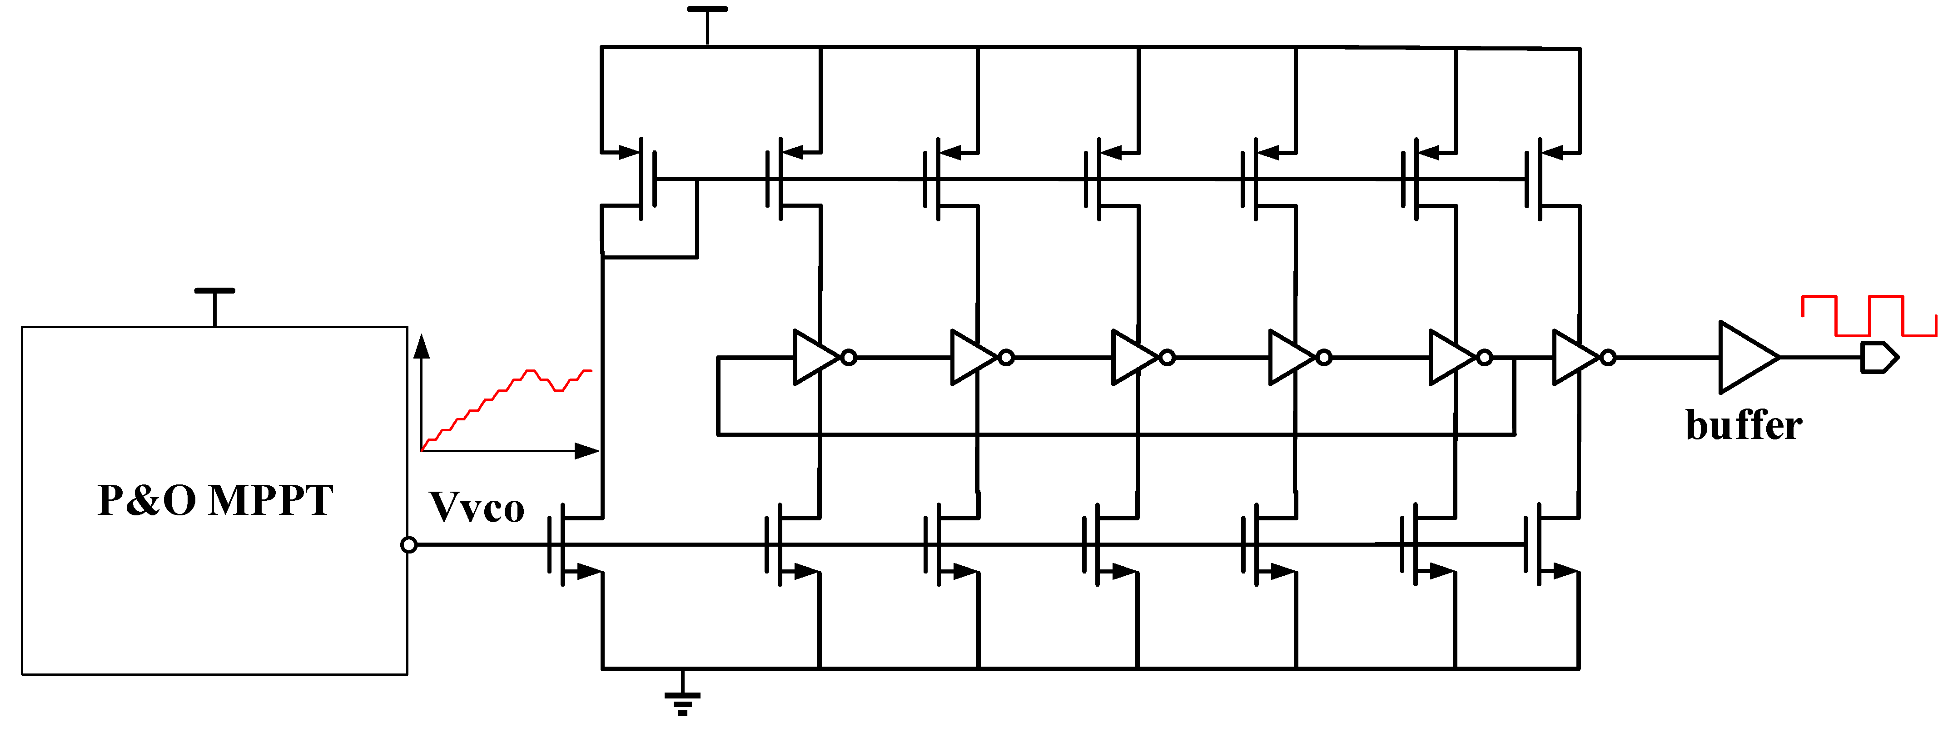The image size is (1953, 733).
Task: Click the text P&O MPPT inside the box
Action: click(x=215, y=500)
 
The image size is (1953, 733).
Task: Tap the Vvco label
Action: click(x=476, y=508)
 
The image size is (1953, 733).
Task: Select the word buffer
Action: click(x=1743, y=425)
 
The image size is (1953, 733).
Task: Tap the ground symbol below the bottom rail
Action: click(x=682, y=701)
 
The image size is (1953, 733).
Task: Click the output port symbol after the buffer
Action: click(x=1878, y=358)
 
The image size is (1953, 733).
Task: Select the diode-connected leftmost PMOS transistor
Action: click(x=641, y=179)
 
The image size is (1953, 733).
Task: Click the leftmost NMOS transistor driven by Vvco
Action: click(x=565, y=544)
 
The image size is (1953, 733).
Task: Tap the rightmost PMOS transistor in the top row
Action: click(x=1543, y=179)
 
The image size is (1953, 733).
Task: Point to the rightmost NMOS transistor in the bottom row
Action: click(x=1543, y=544)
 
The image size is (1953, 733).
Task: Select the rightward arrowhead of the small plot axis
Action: click(x=587, y=451)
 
